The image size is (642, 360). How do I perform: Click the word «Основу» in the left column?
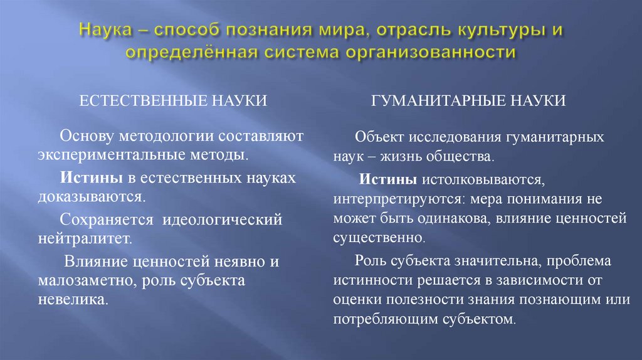[87, 135]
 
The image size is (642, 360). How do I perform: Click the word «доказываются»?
[90, 196]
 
